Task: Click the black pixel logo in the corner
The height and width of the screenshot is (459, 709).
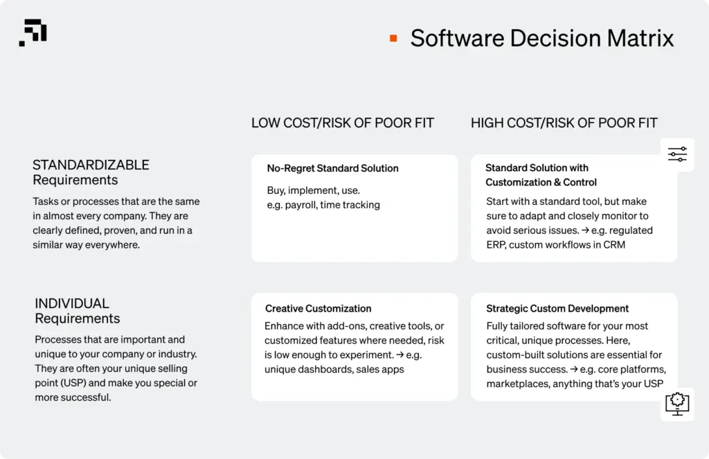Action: (x=33, y=33)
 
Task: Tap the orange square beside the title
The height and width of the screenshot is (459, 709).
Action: (x=393, y=38)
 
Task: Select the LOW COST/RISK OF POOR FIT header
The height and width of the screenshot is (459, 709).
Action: (x=342, y=123)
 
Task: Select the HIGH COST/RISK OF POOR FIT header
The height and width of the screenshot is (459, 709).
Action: (x=564, y=123)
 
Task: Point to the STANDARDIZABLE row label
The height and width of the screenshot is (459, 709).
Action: (x=91, y=165)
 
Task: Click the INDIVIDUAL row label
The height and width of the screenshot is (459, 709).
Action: (x=72, y=303)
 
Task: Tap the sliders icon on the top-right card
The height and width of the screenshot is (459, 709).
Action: (x=677, y=154)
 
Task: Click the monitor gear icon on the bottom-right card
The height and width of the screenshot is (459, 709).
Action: (x=676, y=403)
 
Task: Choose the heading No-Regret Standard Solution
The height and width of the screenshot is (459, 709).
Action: (x=332, y=168)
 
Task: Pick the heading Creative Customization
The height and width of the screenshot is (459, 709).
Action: (x=318, y=309)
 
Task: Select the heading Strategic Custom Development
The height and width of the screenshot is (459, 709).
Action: (x=557, y=309)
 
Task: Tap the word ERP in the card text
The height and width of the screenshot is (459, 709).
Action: (x=496, y=244)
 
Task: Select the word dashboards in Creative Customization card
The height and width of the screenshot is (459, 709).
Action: (x=326, y=369)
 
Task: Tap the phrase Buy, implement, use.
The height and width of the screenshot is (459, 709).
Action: (x=313, y=190)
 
